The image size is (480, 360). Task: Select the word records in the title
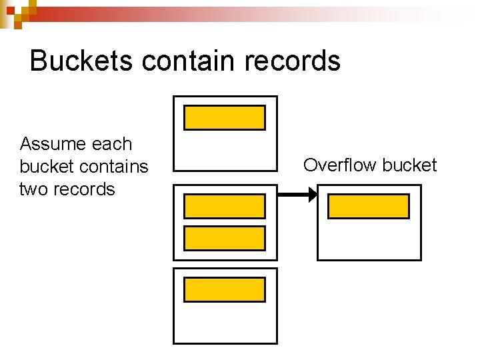293,61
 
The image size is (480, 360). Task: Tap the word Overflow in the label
337,165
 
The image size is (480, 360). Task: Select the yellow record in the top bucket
225,118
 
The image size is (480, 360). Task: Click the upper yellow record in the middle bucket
225,207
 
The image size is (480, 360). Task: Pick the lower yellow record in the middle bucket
225,238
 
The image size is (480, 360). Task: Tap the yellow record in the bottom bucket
225,290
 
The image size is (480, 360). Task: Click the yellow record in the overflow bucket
369,207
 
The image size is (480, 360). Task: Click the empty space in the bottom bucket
225,323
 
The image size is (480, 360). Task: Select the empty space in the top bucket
225,150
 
